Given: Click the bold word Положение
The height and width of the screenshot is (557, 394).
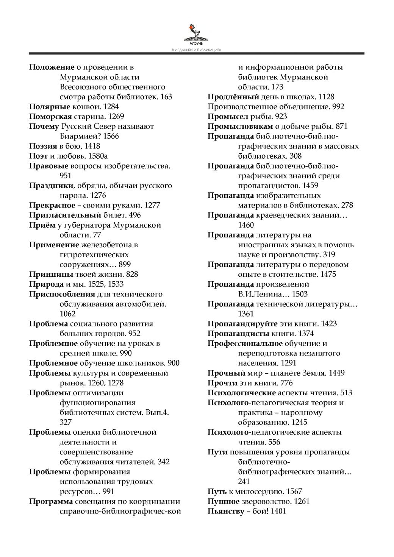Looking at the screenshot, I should pyautogui.click(x=52, y=67).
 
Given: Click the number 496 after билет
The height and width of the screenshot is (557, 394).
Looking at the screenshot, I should pyautogui.click(x=135, y=215).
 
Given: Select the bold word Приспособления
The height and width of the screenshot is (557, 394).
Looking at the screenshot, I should pyautogui.click(x=62, y=294).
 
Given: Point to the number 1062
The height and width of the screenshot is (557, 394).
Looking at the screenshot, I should pyautogui.click(x=68, y=314).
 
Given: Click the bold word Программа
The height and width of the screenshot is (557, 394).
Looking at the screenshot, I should pyautogui.click(x=51, y=501).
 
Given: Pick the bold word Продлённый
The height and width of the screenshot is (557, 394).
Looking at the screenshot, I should pyautogui.click(x=233, y=97).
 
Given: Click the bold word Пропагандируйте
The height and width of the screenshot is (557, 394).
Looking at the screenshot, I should pyautogui.click(x=242, y=324).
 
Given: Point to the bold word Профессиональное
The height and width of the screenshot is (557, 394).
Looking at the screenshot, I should pyautogui.click(x=245, y=343).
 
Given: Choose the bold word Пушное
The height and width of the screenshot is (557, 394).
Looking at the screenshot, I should pyautogui.click(x=223, y=501).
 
